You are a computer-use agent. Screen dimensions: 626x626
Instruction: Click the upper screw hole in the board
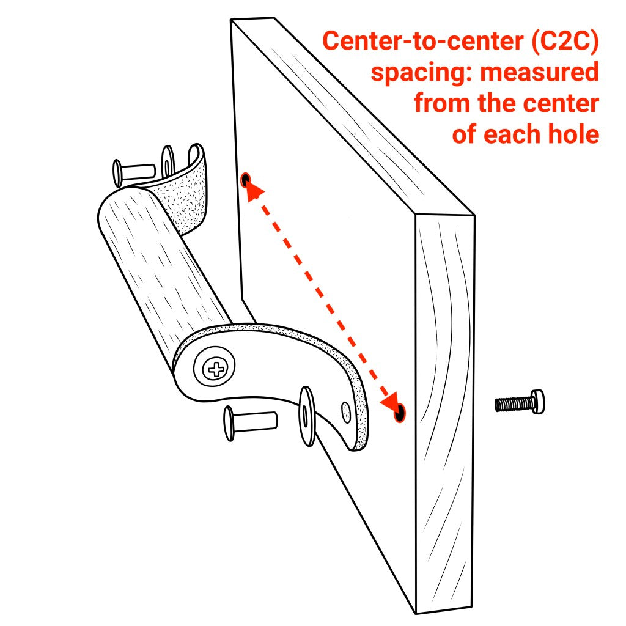tap(246, 180)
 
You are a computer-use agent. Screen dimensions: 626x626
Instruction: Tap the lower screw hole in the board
tap(399, 413)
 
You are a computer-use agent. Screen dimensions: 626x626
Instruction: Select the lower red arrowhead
tap(389, 400)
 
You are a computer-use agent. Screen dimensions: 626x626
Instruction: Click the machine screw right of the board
tap(520, 403)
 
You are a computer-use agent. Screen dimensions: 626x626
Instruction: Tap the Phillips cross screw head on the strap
tap(215, 368)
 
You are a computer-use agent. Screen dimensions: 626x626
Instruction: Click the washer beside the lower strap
tap(306, 416)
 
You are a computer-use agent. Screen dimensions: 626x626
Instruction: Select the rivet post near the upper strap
tap(134, 171)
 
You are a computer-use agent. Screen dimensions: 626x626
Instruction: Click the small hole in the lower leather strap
tap(346, 408)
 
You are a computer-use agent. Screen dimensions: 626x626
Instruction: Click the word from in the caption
tap(441, 103)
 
